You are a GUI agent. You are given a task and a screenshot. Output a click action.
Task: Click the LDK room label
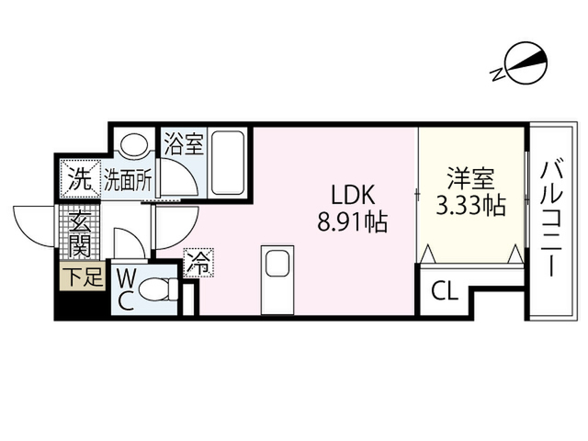tap(353, 195)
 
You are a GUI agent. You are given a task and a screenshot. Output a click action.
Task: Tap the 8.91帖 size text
tap(353, 221)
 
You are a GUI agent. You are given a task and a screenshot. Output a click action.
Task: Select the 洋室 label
tap(471, 178)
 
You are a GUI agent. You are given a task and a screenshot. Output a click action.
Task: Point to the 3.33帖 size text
tap(471, 205)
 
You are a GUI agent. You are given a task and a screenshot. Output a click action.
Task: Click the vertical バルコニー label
tap(551, 219)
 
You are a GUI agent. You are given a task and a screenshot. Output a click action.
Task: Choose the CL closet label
tap(445, 290)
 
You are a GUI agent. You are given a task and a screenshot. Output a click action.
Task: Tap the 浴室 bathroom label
tap(184, 143)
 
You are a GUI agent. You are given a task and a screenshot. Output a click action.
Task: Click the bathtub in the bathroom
tap(228, 162)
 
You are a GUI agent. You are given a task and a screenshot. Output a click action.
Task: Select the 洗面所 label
tap(128, 180)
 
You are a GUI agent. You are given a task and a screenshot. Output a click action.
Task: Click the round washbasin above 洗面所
tap(134, 142)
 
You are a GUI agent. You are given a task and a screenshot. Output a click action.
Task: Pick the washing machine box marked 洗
tap(81, 179)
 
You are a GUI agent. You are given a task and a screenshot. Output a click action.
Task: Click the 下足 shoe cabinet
tap(83, 276)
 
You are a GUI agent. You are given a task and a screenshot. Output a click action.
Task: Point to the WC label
tap(127, 290)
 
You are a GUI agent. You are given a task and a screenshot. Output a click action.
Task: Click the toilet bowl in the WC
tap(158, 289)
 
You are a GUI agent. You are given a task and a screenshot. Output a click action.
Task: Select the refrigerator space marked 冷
tap(198, 263)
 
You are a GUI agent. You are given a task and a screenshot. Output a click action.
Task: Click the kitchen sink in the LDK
tap(277, 264)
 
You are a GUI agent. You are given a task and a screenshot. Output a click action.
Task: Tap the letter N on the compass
tap(498, 74)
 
